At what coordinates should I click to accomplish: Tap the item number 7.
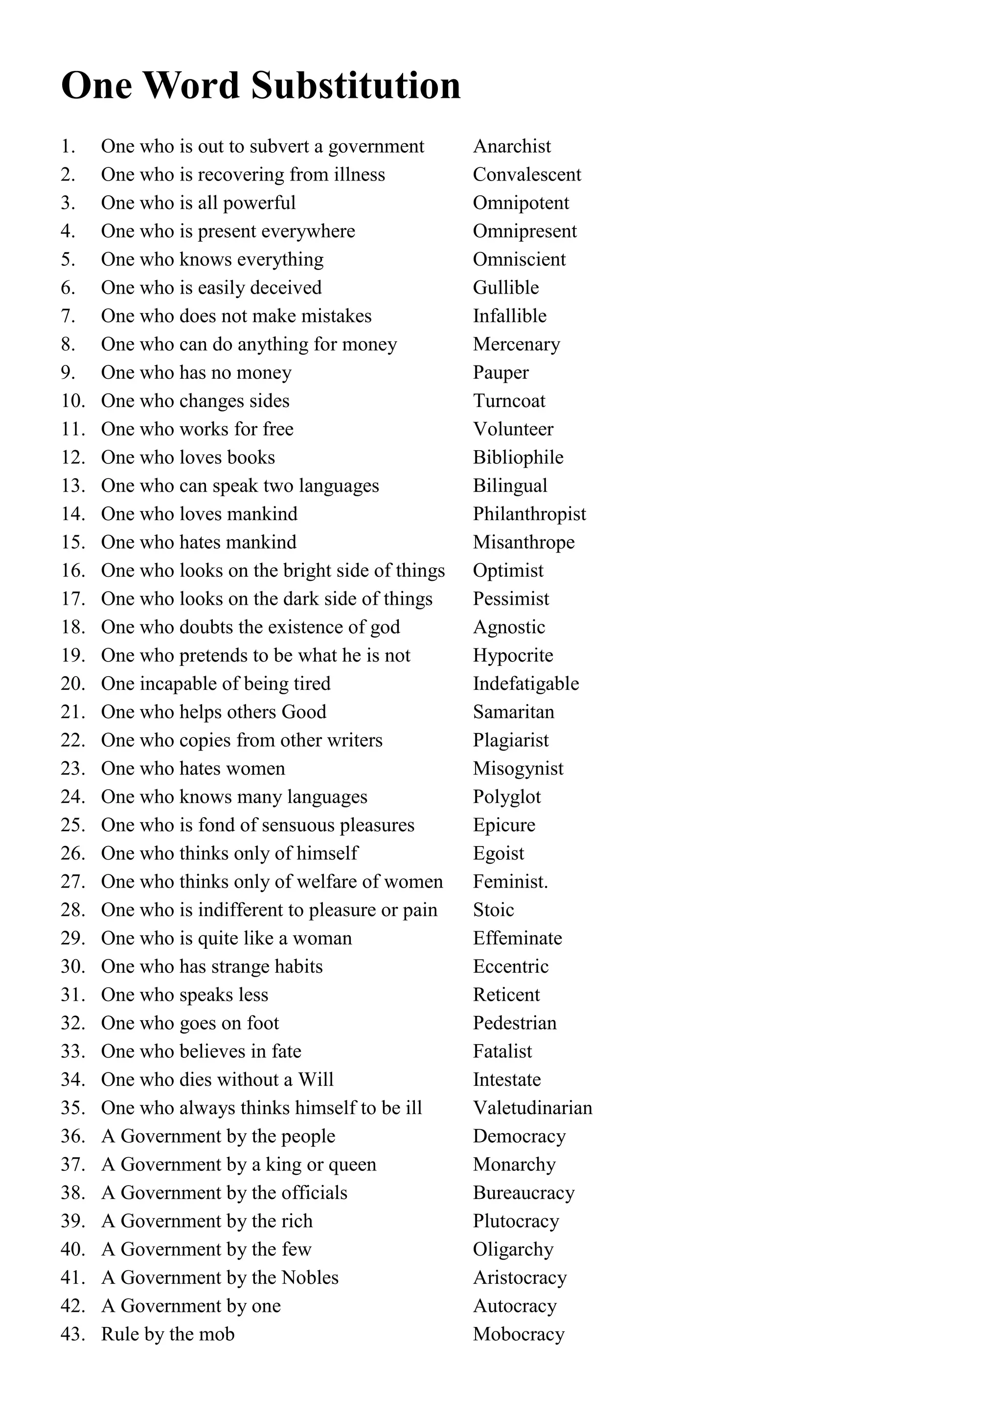[x=68, y=316]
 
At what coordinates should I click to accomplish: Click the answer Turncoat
[x=509, y=401]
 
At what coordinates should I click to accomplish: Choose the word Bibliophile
[x=518, y=457]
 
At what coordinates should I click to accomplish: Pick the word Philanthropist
[x=529, y=514]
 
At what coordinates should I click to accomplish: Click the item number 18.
[x=72, y=627]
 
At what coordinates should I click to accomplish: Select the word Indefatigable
[x=525, y=684]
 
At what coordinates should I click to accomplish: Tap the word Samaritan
[x=513, y=712]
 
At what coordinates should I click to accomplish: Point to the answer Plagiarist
[x=510, y=741]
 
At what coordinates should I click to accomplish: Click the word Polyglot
[x=506, y=798]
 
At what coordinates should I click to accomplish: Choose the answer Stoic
[x=493, y=910]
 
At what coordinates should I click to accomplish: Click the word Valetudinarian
[x=532, y=1108]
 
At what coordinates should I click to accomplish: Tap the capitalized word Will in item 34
[x=316, y=1079]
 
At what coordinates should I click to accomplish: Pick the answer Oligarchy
[x=513, y=1249]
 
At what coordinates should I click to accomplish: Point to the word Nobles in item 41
[x=310, y=1278]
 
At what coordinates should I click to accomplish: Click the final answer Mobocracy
[x=518, y=1334]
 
